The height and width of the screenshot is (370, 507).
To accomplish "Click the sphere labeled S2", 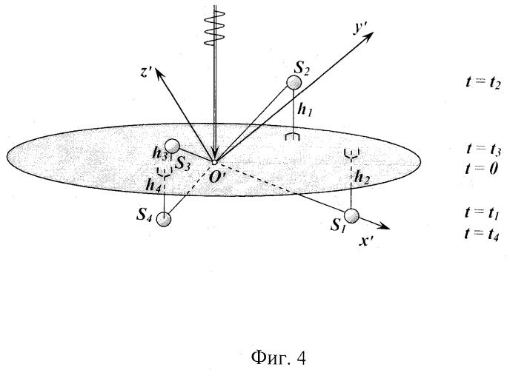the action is (294, 83).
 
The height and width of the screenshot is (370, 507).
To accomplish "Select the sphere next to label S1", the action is (351, 215).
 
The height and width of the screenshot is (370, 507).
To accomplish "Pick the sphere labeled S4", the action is (164, 219).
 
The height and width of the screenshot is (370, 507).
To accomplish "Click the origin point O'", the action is (213, 162).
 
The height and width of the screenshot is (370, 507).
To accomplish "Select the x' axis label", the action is (366, 240).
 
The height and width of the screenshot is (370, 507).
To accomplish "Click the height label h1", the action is (305, 110).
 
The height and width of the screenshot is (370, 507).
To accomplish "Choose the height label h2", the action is (362, 178).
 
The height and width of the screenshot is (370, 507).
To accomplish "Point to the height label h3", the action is (159, 155).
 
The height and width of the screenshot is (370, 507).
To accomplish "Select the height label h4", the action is (153, 185).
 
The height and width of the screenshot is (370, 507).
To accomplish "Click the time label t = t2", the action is (483, 83).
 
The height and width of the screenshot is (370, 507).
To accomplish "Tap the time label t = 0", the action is (482, 168).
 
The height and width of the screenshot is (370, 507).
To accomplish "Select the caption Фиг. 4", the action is (278, 357).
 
